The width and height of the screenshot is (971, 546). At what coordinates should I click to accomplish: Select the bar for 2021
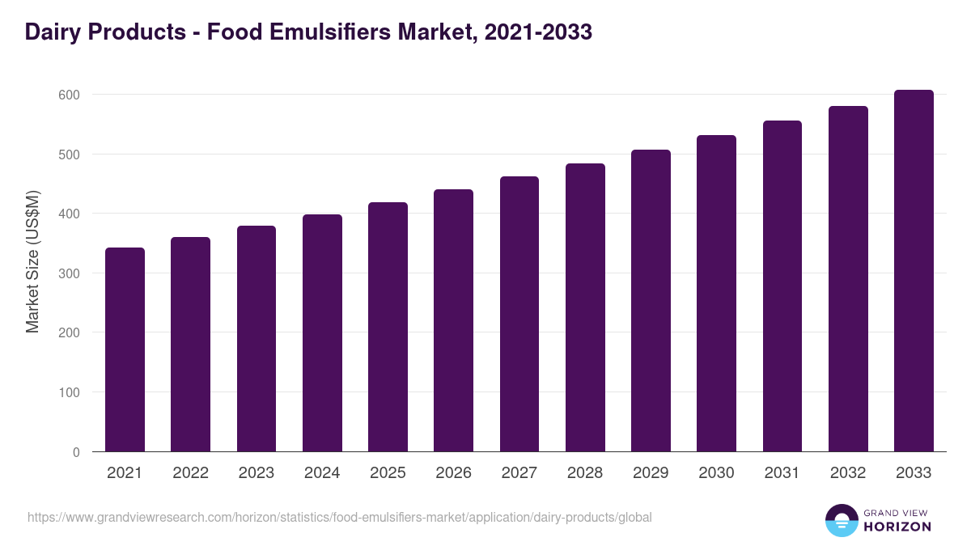(x=125, y=349)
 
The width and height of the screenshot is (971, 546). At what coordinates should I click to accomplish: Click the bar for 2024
(x=322, y=333)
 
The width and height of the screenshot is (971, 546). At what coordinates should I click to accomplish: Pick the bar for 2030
(x=716, y=294)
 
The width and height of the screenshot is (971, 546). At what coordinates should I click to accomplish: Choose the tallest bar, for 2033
(x=914, y=271)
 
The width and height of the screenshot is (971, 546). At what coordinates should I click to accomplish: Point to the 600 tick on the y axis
(x=70, y=95)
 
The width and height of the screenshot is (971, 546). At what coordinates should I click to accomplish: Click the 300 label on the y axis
(x=70, y=273)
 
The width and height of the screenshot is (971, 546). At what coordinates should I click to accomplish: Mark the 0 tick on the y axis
(x=76, y=452)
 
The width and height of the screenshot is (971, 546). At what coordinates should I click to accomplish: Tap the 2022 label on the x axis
(x=190, y=473)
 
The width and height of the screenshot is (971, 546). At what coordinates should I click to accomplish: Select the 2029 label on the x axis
(x=651, y=473)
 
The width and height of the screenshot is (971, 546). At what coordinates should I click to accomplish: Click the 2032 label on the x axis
(x=848, y=473)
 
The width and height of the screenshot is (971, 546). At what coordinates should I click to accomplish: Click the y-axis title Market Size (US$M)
(x=32, y=260)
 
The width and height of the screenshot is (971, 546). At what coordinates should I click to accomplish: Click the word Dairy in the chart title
(x=50, y=32)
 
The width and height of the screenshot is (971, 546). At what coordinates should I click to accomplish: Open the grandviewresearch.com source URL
(x=339, y=517)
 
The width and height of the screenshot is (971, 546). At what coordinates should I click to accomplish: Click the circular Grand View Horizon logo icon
(x=842, y=520)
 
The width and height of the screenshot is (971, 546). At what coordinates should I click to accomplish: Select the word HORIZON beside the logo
(x=898, y=527)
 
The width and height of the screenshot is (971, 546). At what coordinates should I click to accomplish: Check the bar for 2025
(x=388, y=327)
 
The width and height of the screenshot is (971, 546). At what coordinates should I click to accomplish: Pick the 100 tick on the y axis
(x=70, y=392)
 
